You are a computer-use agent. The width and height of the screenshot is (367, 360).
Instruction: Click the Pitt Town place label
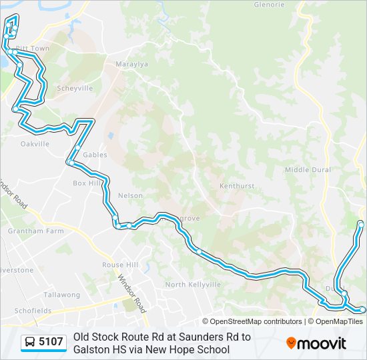pyautogui.click(x=33, y=49)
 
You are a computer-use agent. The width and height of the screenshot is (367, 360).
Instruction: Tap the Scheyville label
pyautogui.click(x=75, y=88)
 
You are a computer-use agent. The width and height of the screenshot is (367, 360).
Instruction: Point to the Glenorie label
pyautogui.click(x=269, y=5)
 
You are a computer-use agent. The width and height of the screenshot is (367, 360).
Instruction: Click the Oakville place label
pyautogui.click(x=35, y=143)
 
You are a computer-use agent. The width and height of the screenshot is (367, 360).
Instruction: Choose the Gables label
pyautogui.click(x=95, y=154)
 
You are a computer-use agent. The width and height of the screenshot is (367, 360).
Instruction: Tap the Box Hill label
pyautogui.click(x=85, y=183)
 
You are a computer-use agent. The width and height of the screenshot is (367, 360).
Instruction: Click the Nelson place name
pyautogui.click(x=130, y=195)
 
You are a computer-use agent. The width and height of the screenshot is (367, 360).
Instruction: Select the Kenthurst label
pyautogui.click(x=237, y=186)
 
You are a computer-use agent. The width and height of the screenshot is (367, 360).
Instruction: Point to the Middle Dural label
pyautogui.click(x=308, y=170)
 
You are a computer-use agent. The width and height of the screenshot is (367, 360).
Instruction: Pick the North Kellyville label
pyautogui.click(x=193, y=285)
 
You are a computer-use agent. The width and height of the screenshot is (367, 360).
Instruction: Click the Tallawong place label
pyautogui.click(x=61, y=295)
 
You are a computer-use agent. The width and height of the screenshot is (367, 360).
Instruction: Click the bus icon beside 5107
pyautogui.click(x=30, y=343)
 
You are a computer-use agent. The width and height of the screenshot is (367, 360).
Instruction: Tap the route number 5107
pyautogui.click(x=51, y=343)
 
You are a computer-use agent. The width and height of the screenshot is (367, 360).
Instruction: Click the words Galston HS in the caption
pyautogui.click(x=101, y=349)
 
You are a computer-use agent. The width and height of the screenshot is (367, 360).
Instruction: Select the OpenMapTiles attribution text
pyautogui.click(x=339, y=321)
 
